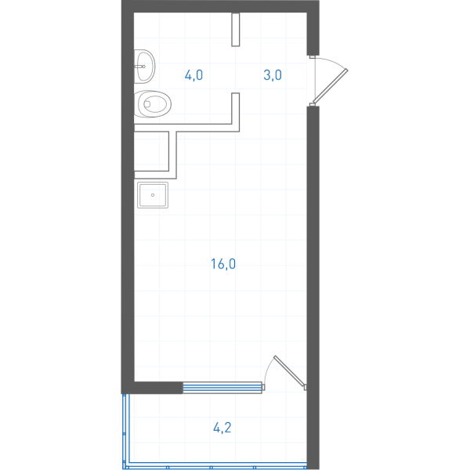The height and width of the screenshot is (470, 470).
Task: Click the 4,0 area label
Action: pos(193,75)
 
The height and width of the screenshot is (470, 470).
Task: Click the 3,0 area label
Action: pos(273,75)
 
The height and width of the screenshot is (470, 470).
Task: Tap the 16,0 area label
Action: pos(223,264)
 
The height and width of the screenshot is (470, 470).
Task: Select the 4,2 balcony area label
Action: pos(222,428)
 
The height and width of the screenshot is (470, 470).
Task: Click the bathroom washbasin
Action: pos(144,67)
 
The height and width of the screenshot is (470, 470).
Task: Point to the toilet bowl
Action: pos(153,104)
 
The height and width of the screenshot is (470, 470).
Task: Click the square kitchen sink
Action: pos(153,195)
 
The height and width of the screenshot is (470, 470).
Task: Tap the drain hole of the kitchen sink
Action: pos(153,195)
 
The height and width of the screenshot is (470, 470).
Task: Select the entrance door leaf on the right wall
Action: pos(331,86)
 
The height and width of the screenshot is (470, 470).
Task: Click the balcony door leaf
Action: pos(290,371)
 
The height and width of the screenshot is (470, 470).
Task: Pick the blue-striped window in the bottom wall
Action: pos(222,388)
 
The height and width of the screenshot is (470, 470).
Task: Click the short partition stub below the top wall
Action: pos(236,30)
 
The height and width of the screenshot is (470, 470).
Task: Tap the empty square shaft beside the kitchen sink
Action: pos(151,151)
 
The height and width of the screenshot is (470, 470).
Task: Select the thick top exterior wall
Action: pos(220,6)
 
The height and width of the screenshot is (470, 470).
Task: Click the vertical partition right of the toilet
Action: pos(236,112)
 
